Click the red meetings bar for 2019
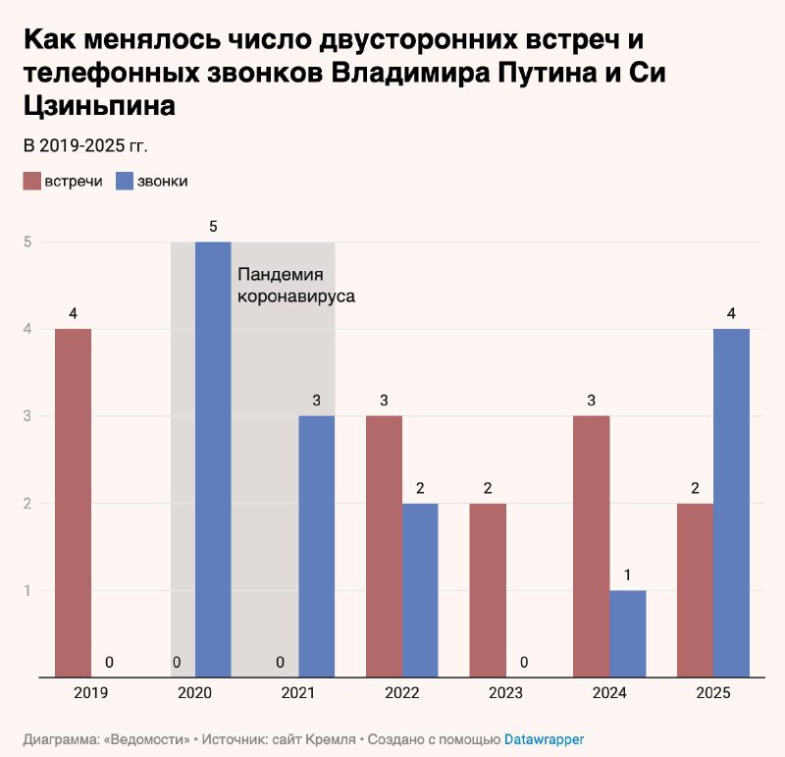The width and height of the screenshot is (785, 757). pos(73,503)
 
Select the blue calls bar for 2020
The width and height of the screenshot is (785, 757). pos(213,460)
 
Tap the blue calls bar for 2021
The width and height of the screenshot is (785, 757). pos(317,546)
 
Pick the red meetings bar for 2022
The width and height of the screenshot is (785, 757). pos(385,546)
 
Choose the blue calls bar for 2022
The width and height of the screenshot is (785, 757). pos(420,590)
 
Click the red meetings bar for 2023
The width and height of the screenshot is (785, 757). pos(488,590)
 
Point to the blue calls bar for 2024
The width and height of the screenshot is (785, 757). pos(628,633)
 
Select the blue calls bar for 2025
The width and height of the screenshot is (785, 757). pos(731,503)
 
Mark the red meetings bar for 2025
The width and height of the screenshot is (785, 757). pos(696,590)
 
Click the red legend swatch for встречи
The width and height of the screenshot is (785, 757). pos(31,182)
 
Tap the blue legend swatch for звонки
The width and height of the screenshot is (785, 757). pos(125,182)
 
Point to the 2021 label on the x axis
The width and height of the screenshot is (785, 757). pos(298,693)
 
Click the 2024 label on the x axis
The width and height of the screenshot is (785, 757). pos(609,693)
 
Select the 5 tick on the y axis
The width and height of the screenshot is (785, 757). pos(28,242)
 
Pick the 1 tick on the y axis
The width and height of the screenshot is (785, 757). pos(28,590)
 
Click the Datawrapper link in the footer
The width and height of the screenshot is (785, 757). pos(545,737)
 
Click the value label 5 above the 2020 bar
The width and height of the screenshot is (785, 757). pos(213,226)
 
